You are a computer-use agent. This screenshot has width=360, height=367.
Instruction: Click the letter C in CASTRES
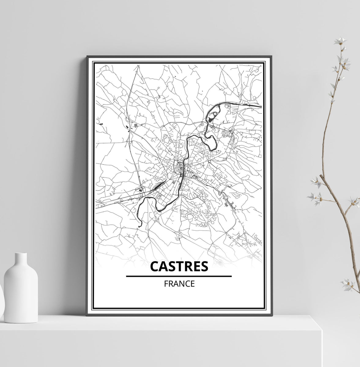coord(155,266)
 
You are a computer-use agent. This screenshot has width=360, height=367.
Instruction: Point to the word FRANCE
coord(179,284)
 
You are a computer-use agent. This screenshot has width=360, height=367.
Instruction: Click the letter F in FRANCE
coord(166,284)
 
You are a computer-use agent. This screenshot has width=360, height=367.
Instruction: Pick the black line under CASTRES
coord(179,276)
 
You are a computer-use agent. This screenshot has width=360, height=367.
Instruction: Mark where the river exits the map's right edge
coord(261,106)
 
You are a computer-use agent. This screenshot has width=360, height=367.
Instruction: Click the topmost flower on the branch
coord(340,41)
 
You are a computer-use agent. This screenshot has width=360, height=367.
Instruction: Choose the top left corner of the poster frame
coord(87,57)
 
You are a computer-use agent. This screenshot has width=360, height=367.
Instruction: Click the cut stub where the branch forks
coord(321,176)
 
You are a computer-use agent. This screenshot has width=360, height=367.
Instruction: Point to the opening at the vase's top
coord(21,254)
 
